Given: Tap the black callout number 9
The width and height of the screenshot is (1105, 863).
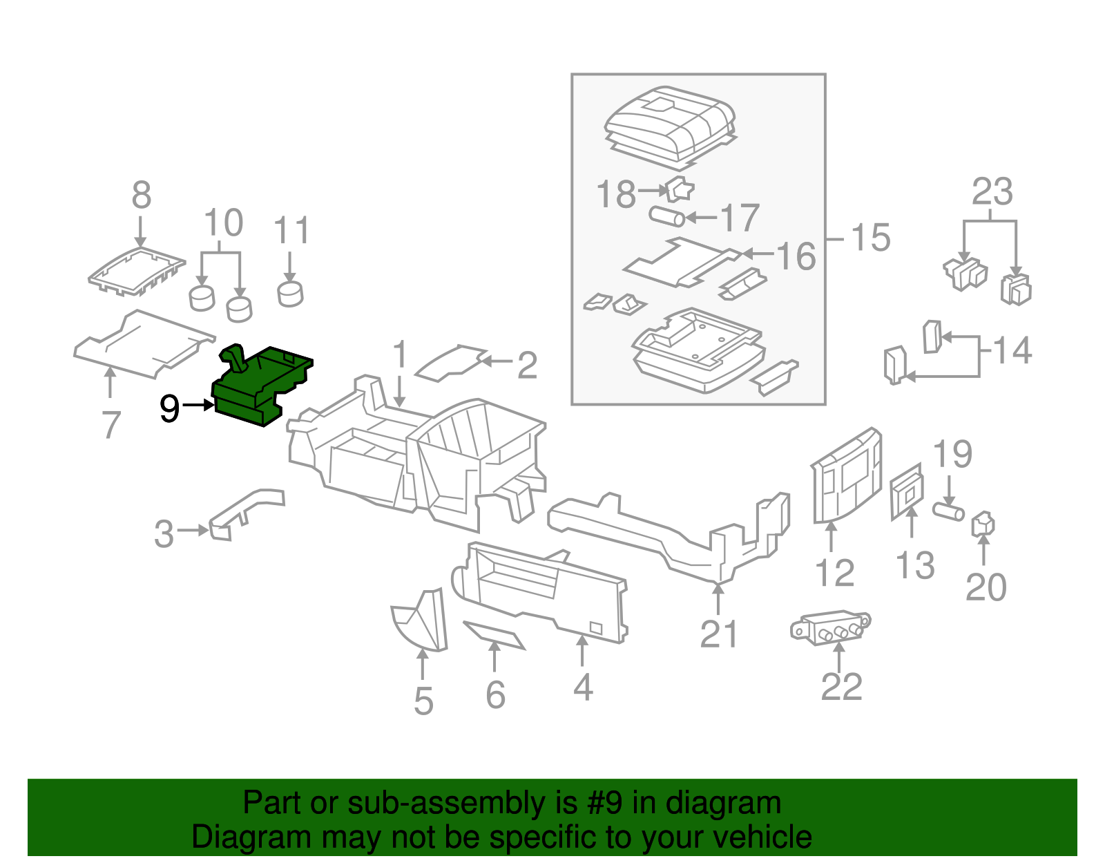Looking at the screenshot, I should click(x=169, y=408).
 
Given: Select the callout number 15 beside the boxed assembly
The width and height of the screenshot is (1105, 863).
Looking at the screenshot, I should click(x=870, y=238).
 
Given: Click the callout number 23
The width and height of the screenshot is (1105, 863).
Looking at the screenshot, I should click(x=992, y=192).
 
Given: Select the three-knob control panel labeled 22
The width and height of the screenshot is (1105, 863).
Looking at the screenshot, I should click(x=831, y=627).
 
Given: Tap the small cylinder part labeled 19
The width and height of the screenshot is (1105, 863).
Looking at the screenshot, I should click(x=948, y=512).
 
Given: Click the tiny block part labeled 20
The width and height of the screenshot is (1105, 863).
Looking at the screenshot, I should click(x=983, y=524).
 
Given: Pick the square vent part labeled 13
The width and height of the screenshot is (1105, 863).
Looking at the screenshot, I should click(x=907, y=491).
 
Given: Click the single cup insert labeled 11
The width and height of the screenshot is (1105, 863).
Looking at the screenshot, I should click(x=290, y=293).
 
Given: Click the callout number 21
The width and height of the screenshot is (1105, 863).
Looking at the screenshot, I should click(x=719, y=634).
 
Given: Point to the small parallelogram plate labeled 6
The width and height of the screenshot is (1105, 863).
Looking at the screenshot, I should click(x=494, y=634).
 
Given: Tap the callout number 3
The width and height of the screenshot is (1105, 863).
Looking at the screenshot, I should click(x=164, y=533).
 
